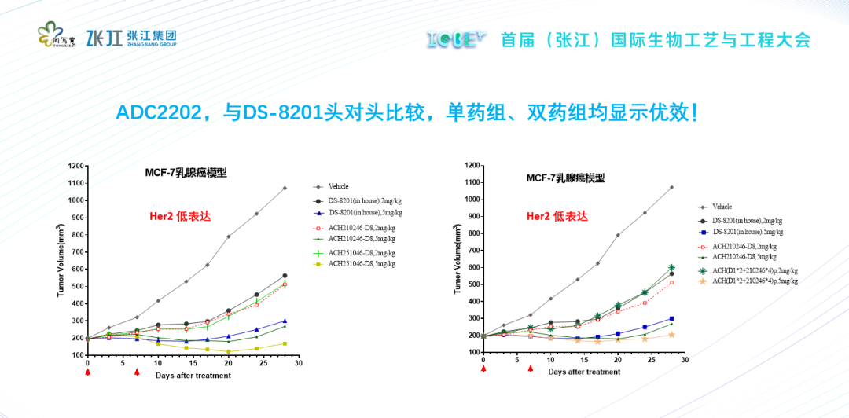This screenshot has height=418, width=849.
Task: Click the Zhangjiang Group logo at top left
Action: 130,37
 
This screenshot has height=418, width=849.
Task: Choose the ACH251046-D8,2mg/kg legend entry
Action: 361,252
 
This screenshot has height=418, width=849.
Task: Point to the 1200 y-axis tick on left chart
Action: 75,166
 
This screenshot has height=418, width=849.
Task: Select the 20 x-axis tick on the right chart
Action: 617,360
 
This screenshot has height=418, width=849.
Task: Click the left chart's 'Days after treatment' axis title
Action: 193,376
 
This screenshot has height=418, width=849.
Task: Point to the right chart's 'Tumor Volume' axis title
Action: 458,259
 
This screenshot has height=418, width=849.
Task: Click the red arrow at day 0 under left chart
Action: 87,372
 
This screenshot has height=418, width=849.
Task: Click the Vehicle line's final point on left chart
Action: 285,188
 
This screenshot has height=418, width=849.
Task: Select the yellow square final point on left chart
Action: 285,343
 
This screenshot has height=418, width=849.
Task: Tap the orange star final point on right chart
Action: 671,334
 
